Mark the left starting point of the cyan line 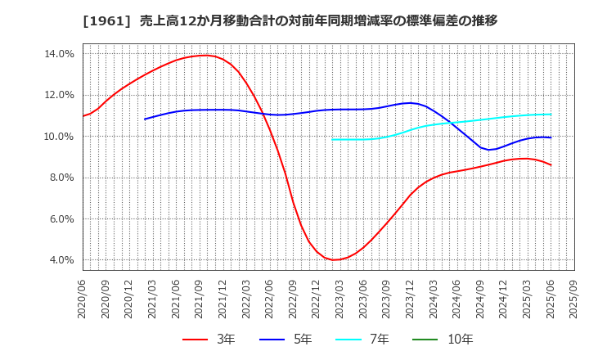pyautogui.click(x=332, y=139)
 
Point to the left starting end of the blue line pyautogui.click(x=145, y=119)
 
